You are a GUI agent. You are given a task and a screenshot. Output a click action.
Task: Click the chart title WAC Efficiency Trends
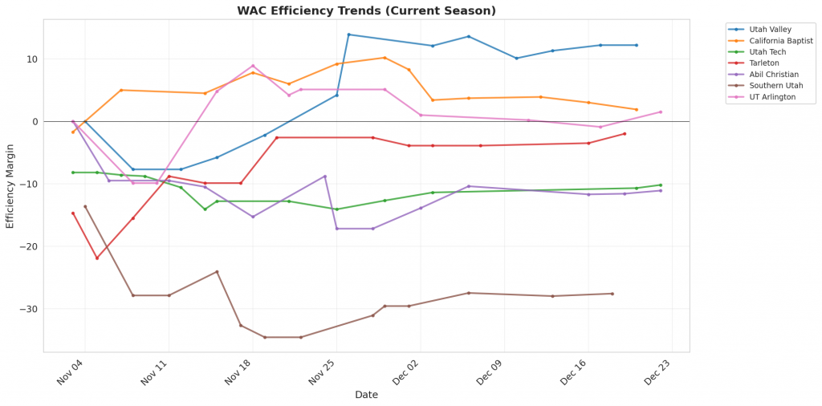(x=366, y=11)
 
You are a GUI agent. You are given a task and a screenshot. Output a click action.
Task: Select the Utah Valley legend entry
(x=770, y=28)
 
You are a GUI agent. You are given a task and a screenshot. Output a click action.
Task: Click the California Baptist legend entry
(x=780, y=40)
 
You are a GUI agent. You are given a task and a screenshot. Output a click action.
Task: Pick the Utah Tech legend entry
(x=767, y=51)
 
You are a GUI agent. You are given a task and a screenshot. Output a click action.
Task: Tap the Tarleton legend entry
(x=763, y=63)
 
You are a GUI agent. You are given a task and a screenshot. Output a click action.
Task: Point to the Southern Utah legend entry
(x=773, y=85)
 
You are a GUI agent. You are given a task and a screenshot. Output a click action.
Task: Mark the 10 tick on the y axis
(x=31, y=59)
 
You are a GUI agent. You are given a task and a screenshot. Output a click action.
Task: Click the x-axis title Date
(x=366, y=395)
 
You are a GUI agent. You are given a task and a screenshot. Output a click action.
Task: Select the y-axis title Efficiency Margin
(x=10, y=185)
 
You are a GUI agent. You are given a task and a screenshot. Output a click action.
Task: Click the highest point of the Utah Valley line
(x=348, y=35)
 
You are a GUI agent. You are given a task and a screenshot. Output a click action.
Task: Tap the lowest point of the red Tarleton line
(x=97, y=258)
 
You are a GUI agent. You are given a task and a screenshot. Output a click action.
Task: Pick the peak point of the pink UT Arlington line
(x=253, y=66)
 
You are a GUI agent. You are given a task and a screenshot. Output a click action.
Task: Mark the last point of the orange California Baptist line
(x=637, y=109)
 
